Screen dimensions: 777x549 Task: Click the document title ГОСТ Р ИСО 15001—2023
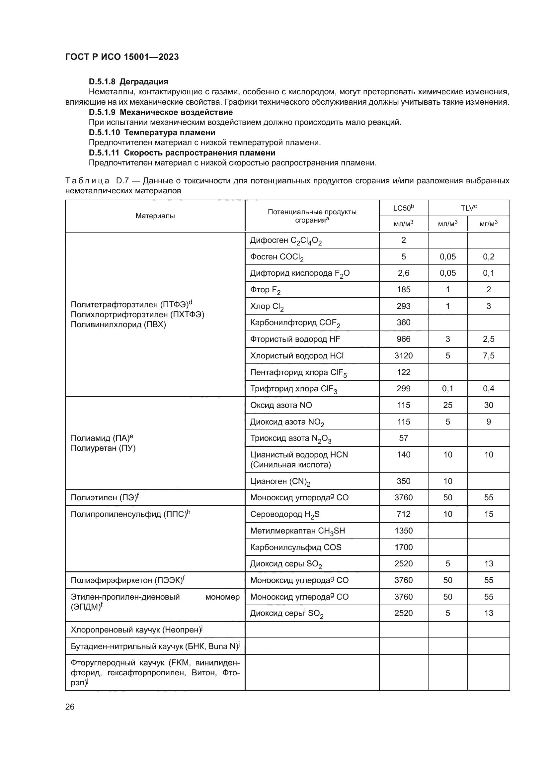(x=122, y=57)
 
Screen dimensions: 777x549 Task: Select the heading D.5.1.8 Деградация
(x=128, y=82)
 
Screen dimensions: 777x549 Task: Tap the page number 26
(x=70, y=707)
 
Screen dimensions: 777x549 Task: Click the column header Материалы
(x=155, y=216)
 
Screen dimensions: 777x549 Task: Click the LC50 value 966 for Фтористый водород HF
(x=403, y=339)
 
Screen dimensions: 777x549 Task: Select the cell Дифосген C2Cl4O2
(x=286, y=241)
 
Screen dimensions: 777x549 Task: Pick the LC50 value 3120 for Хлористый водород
(x=403, y=356)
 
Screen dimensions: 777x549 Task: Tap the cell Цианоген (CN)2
(x=280, y=481)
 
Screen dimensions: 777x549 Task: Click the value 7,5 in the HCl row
(x=489, y=356)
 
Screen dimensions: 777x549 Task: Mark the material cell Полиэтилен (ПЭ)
(x=105, y=498)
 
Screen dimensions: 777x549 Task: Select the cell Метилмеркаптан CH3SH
(x=297, y=531)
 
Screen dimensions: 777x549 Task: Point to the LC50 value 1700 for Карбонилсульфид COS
(x=403, y=547)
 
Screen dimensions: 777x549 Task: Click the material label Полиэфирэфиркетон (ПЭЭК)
(x=127, y=580)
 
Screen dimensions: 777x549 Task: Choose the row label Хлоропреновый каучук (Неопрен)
(x=136, y=630)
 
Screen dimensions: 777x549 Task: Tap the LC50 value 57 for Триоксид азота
(x=403, y=438)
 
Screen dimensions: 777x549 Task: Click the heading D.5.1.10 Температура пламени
(x=152, y=132)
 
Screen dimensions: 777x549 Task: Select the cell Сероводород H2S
(x=285, y=514)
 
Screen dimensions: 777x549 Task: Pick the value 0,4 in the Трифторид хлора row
(x=489, y=389)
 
